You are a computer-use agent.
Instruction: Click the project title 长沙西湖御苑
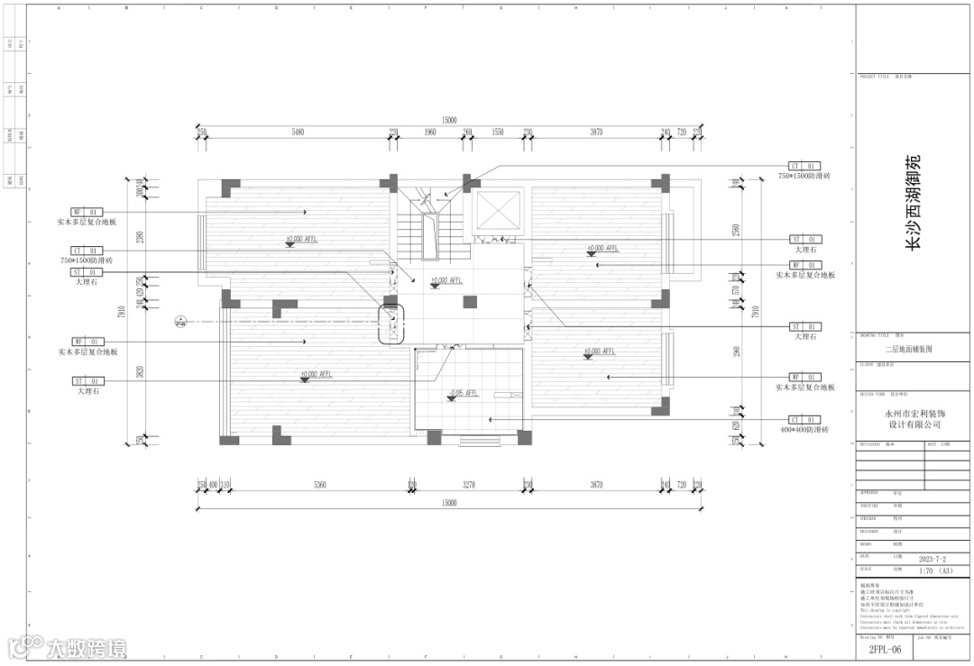point(914,203)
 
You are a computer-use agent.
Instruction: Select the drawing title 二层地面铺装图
point(914,347)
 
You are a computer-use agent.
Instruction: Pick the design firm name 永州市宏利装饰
point(914,412)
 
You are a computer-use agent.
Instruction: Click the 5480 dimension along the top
point(298,132)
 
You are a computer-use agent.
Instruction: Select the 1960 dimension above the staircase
point(429,132)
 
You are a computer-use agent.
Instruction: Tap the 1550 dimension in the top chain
point(497,132)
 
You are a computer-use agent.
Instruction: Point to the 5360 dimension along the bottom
point(319,485)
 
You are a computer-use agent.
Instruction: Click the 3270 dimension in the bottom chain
point(469,485)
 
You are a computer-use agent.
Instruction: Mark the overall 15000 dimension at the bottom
point(449,503)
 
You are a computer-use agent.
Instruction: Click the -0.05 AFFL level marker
point(463,394)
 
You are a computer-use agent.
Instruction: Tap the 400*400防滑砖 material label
point(804,431)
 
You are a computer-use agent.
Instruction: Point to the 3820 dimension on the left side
point(140,371)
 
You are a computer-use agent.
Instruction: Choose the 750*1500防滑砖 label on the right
point(804,177)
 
